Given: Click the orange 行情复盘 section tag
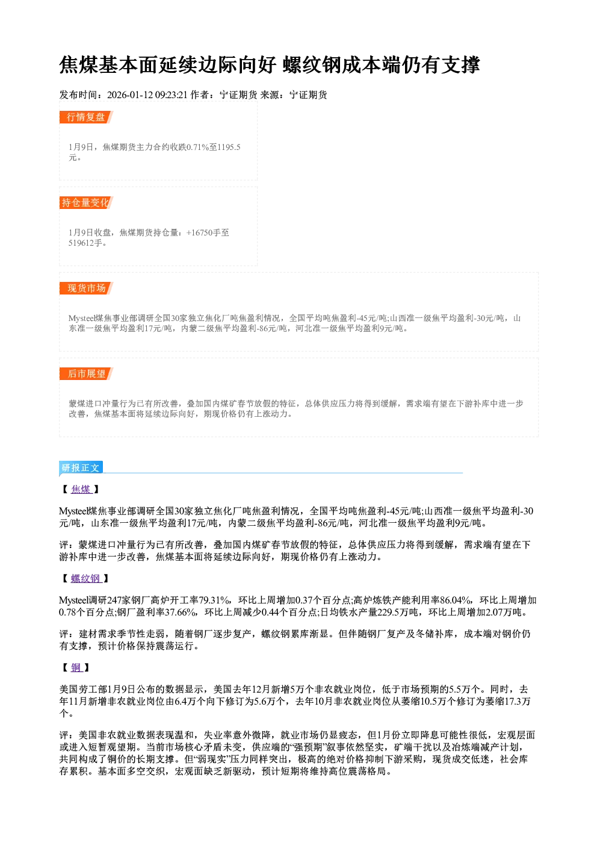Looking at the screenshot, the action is click(x=86, y=117).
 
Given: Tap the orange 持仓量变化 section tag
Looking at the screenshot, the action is click(x=86, y=202).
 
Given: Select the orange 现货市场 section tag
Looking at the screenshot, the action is click(x=86, y=288).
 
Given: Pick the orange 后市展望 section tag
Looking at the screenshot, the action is click(x=86, y=374).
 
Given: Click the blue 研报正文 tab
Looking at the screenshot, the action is click(x=81, y=468).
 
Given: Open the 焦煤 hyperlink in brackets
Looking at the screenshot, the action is click(x=81, y=489).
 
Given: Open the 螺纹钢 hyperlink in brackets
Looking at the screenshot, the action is click(x=86, y=578).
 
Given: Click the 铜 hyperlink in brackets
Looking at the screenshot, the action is click(x=76, y=667).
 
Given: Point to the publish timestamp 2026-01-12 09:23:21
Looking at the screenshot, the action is click(x=147, y=95).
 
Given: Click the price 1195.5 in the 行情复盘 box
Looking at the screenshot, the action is click(x=229, y=147).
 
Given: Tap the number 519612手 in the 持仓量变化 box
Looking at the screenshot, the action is click(x=85, y=243).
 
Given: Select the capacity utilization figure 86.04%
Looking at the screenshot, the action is click(x=456, y=600).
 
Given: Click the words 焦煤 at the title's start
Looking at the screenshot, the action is click(x=78, y=65).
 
